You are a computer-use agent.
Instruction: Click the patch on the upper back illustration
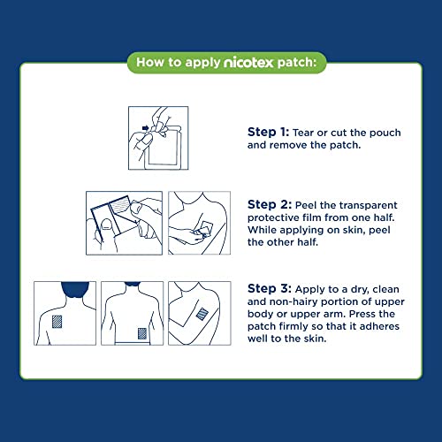tap(60, 322)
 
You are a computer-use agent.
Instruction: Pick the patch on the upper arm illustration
tap(202, 316)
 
